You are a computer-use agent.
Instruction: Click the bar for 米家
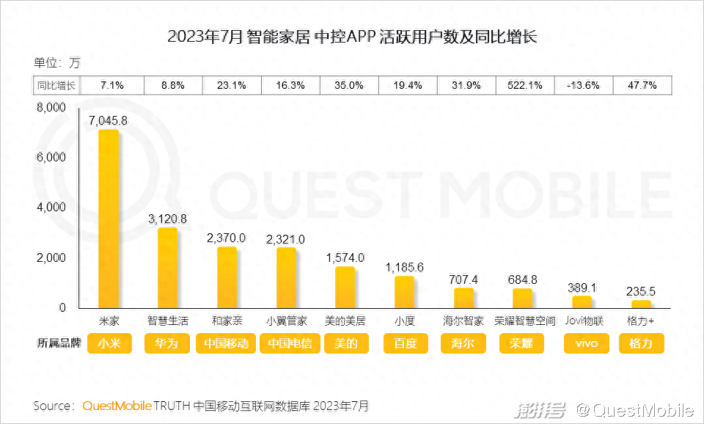109,219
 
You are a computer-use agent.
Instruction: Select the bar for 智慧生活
168,268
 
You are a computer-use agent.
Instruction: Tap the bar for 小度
404,292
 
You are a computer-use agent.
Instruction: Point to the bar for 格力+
641,304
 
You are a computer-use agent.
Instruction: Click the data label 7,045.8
108,120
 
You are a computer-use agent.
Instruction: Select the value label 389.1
582,288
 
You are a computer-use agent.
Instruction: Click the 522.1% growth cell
525,85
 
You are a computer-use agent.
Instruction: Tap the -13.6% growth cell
584,85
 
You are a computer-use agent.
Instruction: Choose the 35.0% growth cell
349,85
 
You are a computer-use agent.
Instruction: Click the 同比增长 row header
56,85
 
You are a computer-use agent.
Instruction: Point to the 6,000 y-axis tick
52,158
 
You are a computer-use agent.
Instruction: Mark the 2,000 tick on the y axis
52,258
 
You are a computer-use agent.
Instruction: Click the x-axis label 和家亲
227,321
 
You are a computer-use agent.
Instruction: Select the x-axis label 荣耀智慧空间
525,321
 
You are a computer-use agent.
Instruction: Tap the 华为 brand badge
168,343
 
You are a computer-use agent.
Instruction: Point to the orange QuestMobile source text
117,406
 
